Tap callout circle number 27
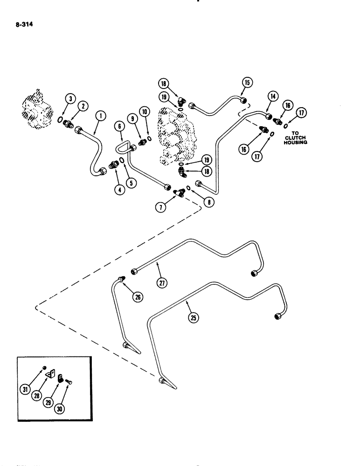[162, 282]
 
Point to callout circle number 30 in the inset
[61, 409]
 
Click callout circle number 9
[132, 119]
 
